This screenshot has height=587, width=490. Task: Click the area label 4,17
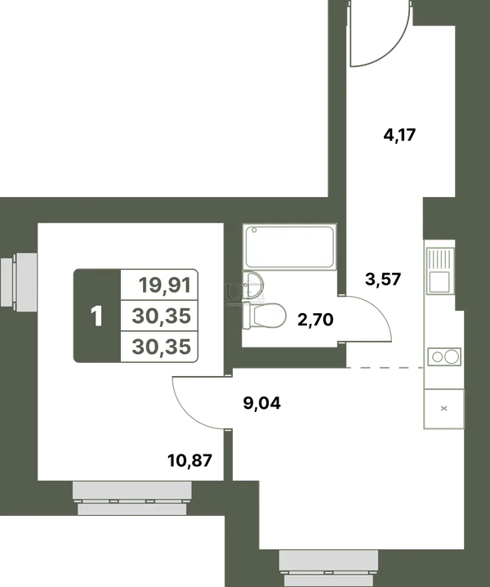tap(399, 135)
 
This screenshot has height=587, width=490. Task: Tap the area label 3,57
tap(383, 279)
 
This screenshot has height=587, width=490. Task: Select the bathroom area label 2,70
tap(315, 320)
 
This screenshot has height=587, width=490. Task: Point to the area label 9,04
tap(261, 403)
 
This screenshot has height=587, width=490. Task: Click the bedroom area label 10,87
tap(189, 460)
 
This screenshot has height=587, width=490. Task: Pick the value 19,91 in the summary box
tap(165, 285)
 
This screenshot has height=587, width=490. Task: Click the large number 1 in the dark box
tap(96, 316)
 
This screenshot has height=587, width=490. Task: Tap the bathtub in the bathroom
tap(289, 246)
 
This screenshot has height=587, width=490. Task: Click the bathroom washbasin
tap(253, 285)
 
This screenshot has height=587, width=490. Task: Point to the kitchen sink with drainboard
tap(440, 271)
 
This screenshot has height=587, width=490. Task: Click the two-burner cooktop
tap(444, 356)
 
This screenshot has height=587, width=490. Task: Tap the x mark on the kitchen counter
tap(444, 409)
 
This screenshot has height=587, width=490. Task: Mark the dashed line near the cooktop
tap(385, 368)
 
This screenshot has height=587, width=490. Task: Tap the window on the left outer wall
tap(19, 281)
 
